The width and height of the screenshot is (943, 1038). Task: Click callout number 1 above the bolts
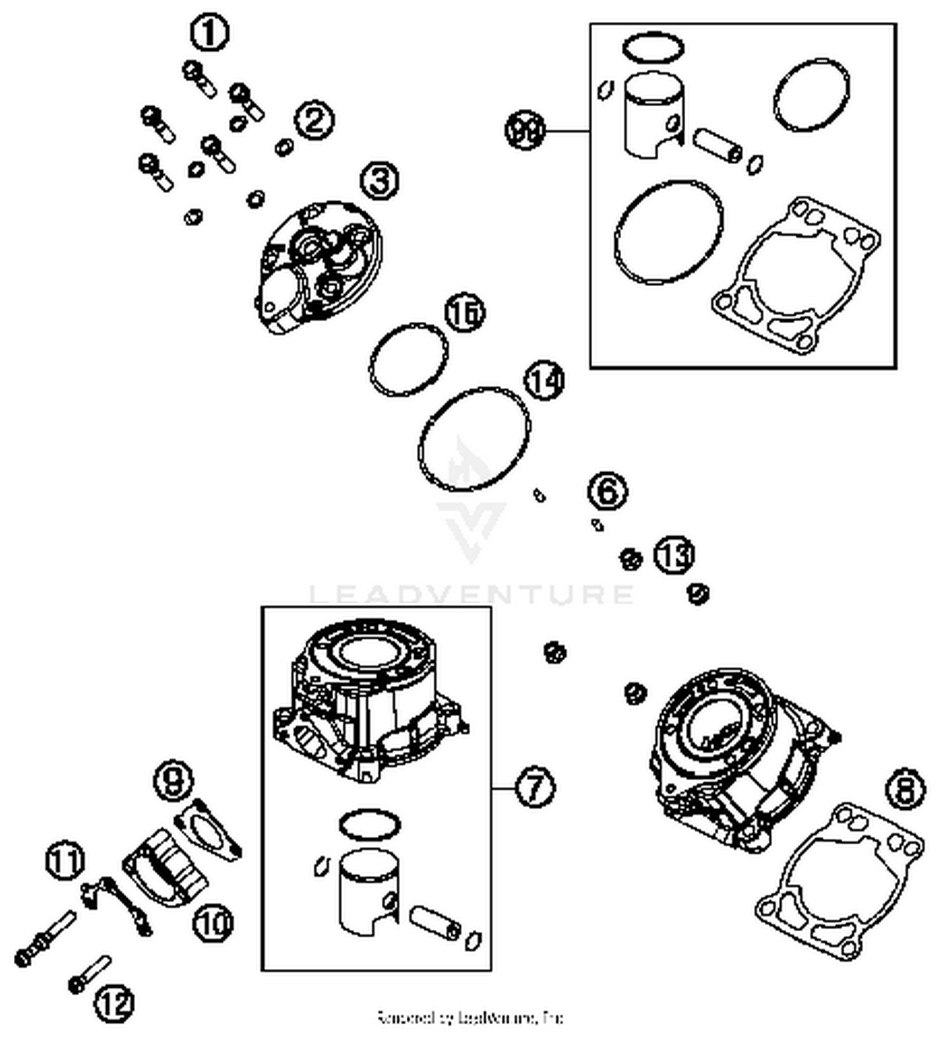click(209, 33)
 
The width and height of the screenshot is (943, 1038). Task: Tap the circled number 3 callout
click(380, 181)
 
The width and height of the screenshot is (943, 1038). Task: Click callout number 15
click(465, 312)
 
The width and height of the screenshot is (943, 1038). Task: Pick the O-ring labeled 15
click(409, 360)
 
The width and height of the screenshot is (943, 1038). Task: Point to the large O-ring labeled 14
click(474, 439)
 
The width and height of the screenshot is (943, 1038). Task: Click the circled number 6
click(607, 490)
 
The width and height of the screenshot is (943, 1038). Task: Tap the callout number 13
click(674, 555)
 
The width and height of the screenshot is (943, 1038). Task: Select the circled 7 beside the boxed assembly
click(535, 787)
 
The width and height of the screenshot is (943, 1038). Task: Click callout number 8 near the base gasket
click(905, 788)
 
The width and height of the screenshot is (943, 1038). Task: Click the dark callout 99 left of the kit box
click(526, 131)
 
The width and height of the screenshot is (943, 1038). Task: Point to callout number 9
click(174, 781)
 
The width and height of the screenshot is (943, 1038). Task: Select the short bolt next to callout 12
click(91, 973)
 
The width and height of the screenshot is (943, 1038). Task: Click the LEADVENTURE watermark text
click(472, 594)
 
